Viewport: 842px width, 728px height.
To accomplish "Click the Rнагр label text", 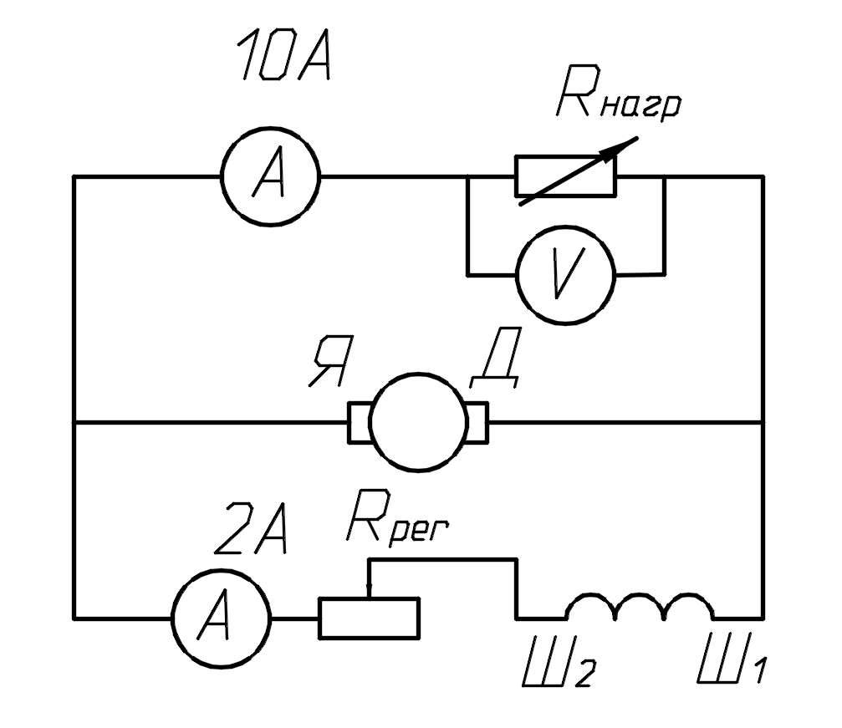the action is coord(619,92).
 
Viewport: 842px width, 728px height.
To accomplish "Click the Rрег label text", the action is coord(397,517).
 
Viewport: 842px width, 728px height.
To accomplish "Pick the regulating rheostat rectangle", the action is coord(369,619).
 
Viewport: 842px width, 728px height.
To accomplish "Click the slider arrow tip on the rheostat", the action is coord(369,597).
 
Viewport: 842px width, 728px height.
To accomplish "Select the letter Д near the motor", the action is coord(495,358).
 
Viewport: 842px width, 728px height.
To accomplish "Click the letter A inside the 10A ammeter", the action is coord(270,172).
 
